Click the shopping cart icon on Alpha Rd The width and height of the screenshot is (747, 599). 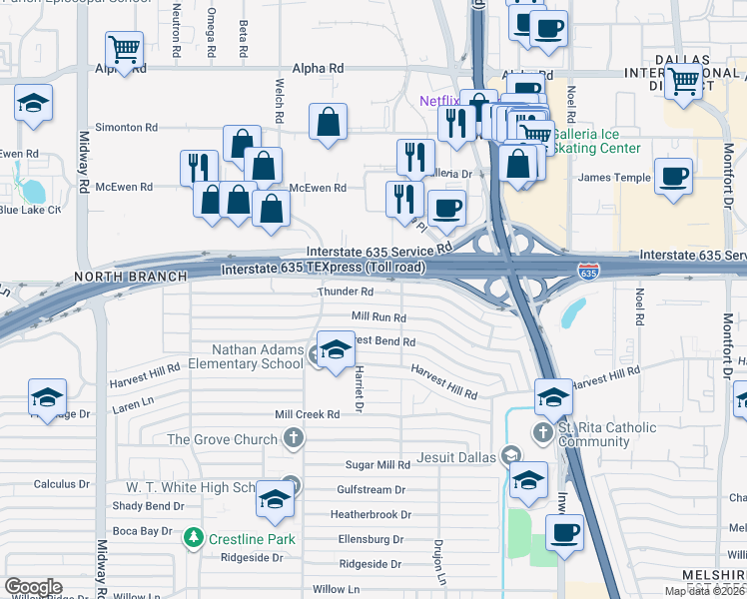click(x=124, y=47)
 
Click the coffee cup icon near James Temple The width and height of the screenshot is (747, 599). click(x=673, y=176)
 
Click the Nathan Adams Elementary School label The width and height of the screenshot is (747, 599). click(x=257, y=356)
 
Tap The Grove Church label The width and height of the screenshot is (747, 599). click(x=221, y=439)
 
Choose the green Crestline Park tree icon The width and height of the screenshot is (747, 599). click(x=194, y=539)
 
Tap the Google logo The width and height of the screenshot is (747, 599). click(x=33, y=587)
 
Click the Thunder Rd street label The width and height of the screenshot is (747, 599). click(x=346, y=293)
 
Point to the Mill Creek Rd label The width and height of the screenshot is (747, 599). click(x=315, y=414)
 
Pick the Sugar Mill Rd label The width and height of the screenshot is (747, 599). click(x=377, y=465)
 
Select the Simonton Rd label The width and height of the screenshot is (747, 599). click(x=126, y=128)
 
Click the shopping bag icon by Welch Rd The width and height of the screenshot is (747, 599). click(x=328, y=123)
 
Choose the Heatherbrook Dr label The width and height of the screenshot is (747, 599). click(x=371, y=515)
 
